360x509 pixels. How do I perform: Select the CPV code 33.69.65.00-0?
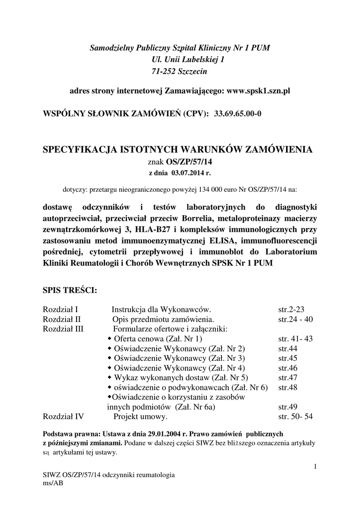(238, 113)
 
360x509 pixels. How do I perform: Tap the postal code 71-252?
(165, 72)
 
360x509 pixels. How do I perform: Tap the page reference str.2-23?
(291, 309)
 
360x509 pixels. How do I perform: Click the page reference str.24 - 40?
(295, 319)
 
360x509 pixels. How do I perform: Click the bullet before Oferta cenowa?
(110, 339)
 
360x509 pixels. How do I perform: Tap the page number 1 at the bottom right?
(315, 466)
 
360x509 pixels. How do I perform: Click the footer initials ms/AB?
(54, 483)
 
